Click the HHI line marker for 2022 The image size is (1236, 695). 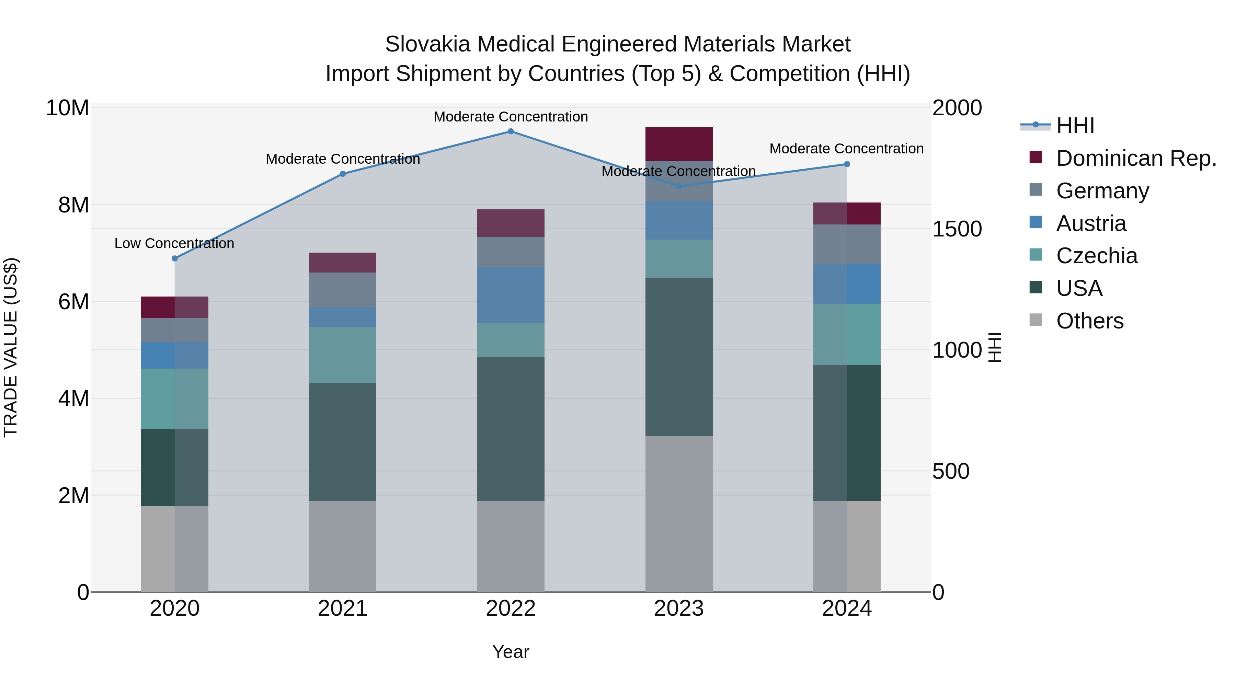point(511,131)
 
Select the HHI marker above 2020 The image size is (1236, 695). point(175,258)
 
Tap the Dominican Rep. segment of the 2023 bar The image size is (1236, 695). point(678,144)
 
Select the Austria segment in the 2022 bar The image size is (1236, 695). point(511,294)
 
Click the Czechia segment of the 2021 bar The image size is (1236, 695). point(343,355)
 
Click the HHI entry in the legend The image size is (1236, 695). point(1075,126)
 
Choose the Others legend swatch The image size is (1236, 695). point(1035,320)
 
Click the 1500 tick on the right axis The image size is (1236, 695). point(957,229)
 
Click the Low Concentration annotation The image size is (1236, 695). point(174,244)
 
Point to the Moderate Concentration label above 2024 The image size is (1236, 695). point(846,149)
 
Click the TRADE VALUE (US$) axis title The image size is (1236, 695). point(11,347)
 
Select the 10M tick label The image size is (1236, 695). point(67,108)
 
